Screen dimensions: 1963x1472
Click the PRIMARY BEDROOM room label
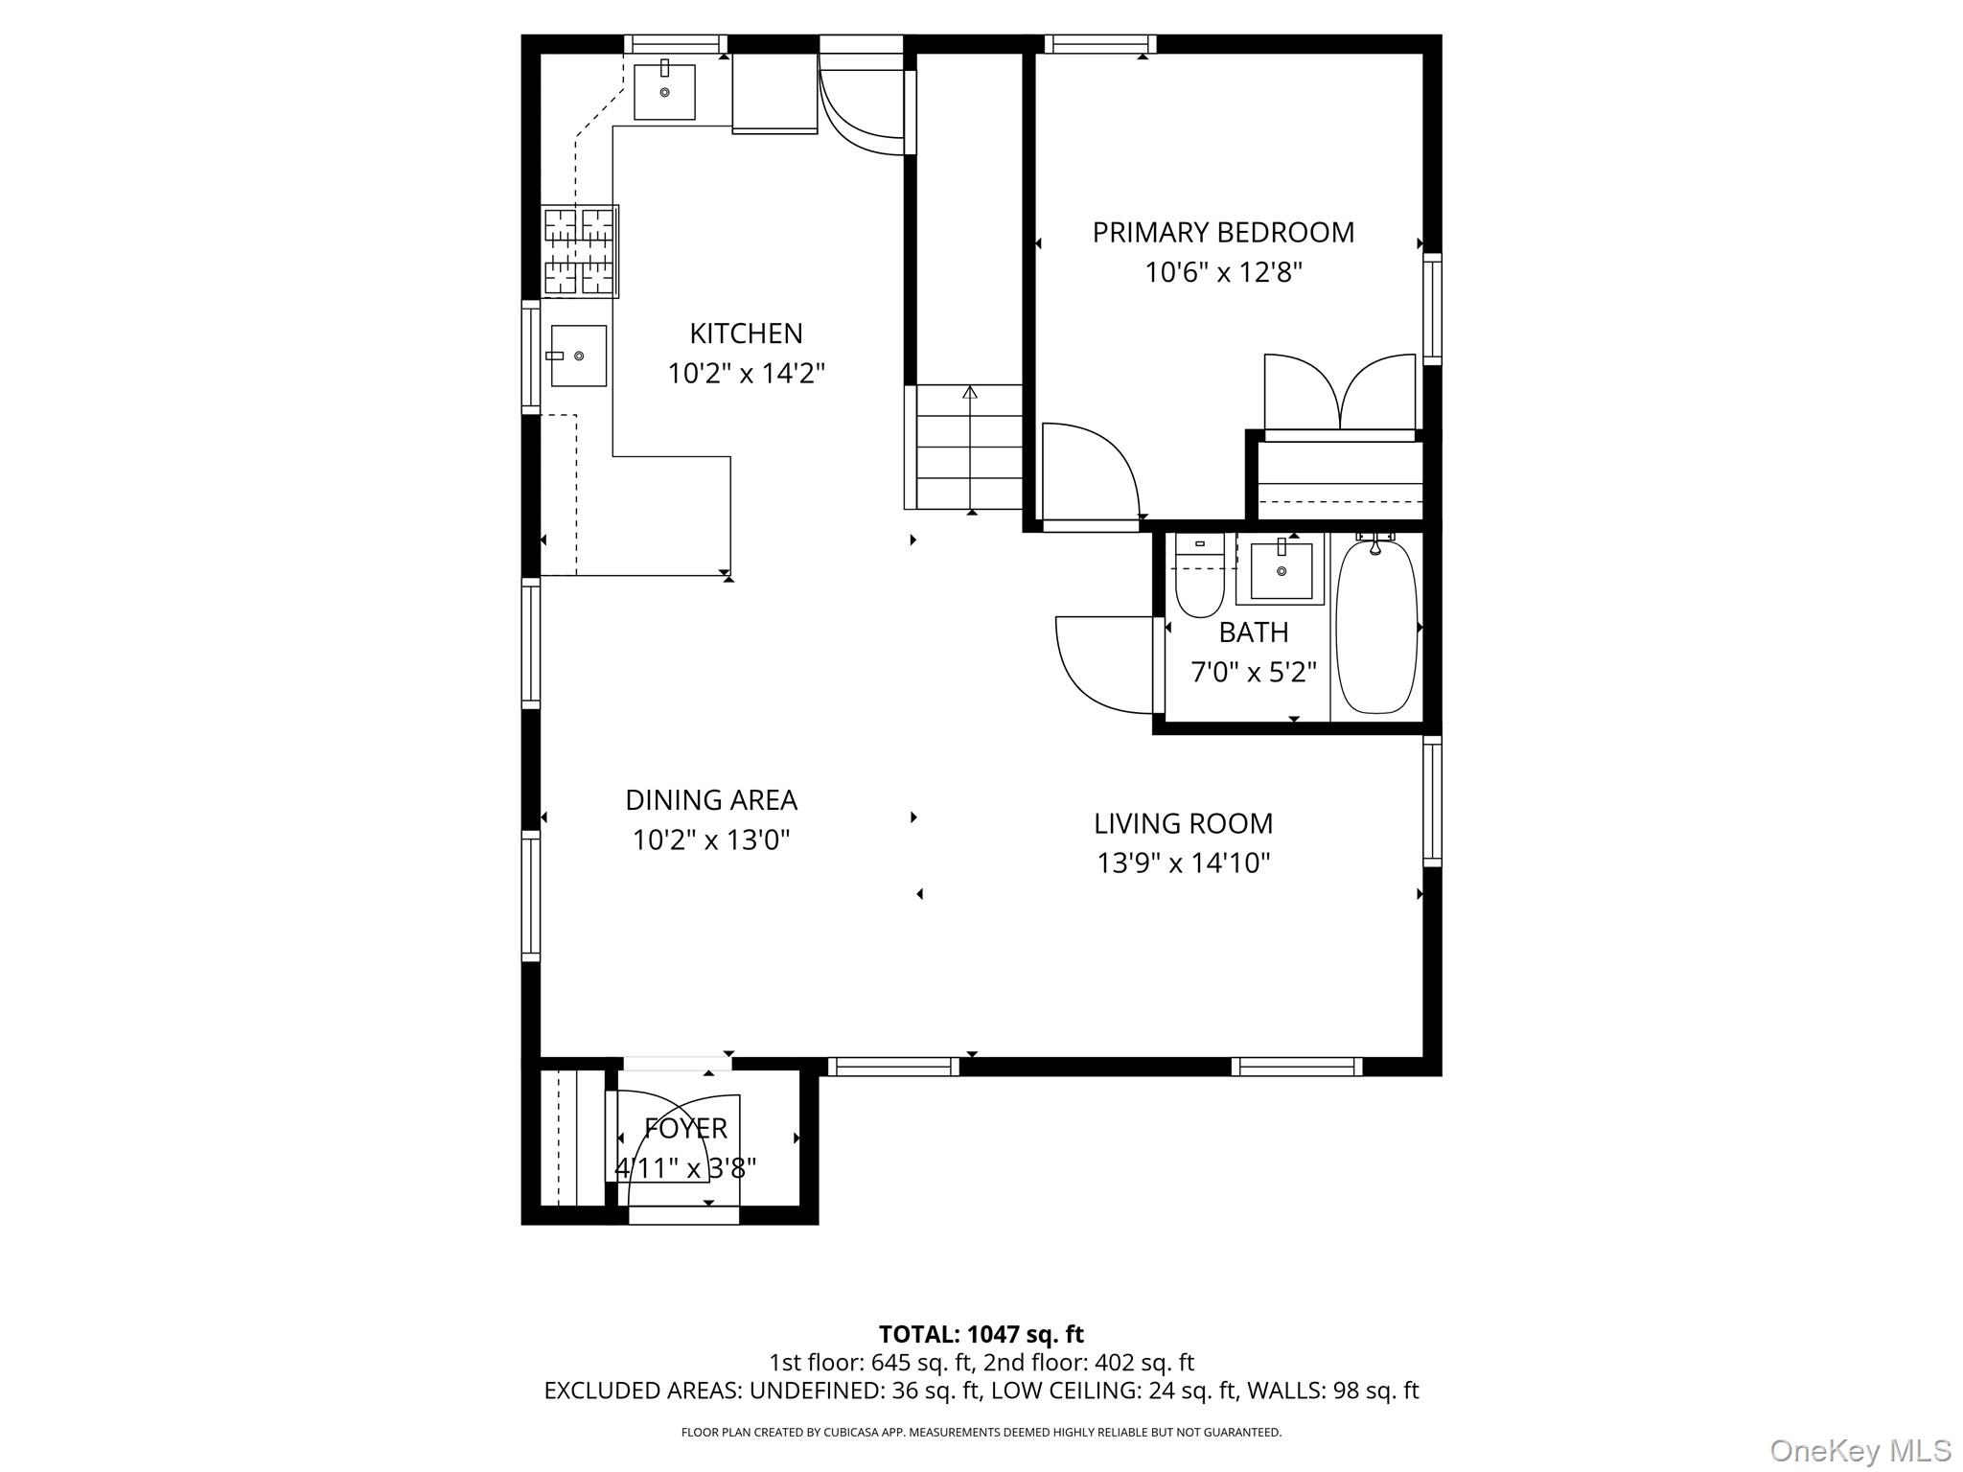pos(1223,233)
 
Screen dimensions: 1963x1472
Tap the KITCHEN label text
pos(746,333)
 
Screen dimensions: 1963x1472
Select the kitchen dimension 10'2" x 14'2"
pos(746,373)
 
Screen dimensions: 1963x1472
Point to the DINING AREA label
pos(711,800)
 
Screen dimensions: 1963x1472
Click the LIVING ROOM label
pos(1183,823)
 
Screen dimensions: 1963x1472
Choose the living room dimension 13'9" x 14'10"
pos(1183,863)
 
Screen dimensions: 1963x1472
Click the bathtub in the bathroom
pos(1376,627)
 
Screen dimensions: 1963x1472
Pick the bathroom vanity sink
pos(1281,570)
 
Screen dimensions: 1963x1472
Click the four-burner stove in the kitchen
pos(580,251)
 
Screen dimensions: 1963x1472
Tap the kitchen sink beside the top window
pos(664,90)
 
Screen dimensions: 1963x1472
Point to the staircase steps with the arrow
pos(969,448)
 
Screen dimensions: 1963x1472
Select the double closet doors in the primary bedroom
pos(1340,393)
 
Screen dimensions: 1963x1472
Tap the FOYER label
pos(685,1129)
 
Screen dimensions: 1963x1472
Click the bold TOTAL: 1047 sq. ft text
pos(981,1334)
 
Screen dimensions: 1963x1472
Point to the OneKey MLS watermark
pos(1860,1450)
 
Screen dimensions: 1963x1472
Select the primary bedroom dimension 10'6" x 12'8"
pos(1223,273)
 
